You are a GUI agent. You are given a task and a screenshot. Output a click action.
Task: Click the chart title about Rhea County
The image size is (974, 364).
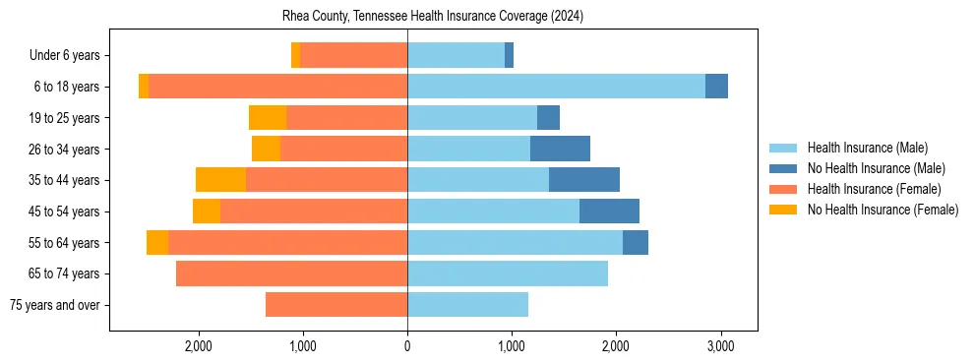click(x=433, y=17)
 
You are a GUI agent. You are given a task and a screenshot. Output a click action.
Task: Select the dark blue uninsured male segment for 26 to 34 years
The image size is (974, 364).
click(x=560, y=149)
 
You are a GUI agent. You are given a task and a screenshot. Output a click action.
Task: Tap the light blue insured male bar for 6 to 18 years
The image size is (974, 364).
click(x=556, y=87)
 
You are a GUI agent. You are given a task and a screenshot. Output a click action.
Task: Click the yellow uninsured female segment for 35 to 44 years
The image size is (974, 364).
click(x=220, y=180)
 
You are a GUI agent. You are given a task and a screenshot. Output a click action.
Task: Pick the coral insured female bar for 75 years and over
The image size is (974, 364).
click(x=335, y=305)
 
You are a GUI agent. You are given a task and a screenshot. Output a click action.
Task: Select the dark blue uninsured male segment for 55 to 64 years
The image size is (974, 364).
click(x=636, y=242)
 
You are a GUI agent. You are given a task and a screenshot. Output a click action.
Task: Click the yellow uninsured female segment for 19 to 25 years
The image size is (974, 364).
click(x=268, y=118)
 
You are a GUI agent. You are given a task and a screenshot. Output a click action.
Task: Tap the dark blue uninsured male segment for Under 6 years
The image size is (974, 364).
click(x=509, y=55)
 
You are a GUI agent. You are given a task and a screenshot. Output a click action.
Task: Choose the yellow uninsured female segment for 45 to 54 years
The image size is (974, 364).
click(x=207, y=212)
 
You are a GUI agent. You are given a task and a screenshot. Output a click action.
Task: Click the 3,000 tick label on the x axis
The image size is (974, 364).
click(x=720, y=345)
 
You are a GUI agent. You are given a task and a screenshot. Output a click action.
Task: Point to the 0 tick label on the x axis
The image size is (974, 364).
click(x=407, y=345)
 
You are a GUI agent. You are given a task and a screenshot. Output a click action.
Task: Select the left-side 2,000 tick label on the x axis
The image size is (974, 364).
click(x=199, y=345)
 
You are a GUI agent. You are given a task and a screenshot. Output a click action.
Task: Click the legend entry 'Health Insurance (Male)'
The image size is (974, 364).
click(x=867, y=148)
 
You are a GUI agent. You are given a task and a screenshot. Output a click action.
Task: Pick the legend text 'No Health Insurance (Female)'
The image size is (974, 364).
click(x=883, y=210)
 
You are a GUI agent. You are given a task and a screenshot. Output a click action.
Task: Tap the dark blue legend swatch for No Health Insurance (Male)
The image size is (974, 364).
click(x=783, y=168)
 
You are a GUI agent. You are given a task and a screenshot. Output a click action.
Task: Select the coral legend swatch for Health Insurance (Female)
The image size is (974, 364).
click(x=783, y=189)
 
